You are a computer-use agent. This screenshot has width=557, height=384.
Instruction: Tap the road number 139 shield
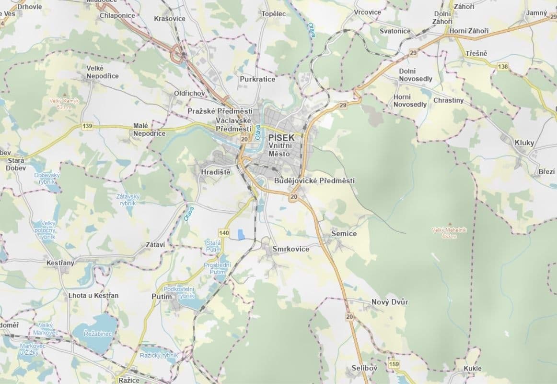(x=87, y=126)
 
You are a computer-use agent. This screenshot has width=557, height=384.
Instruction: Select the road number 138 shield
(x=503, y=66)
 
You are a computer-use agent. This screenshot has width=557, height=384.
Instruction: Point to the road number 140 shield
(x=223, y=232)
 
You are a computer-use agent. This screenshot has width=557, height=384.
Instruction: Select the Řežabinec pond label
(x=97, y=333)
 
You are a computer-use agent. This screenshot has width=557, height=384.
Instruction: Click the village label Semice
(x=344, y=233)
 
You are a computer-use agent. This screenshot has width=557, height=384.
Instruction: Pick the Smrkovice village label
(x=290, y=249)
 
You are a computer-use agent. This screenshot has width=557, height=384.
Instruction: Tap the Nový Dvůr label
(x=390, y=302)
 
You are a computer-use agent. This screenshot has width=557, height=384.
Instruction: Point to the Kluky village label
(x=524, y=143)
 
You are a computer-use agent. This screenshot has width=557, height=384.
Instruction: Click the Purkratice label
(x=257, y=79)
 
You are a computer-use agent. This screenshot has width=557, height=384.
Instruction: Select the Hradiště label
(x=216, y=172)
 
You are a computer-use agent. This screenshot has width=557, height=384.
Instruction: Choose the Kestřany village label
(x=60, y=263)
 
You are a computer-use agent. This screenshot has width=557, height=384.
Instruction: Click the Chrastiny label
(x=448, y=100)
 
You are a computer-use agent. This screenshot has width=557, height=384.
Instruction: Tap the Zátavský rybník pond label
(x=128, y=200)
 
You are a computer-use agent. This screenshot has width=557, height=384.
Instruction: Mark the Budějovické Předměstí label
(x=314, y=180)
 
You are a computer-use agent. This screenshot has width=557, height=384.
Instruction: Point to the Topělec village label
(x=273, y=13)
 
